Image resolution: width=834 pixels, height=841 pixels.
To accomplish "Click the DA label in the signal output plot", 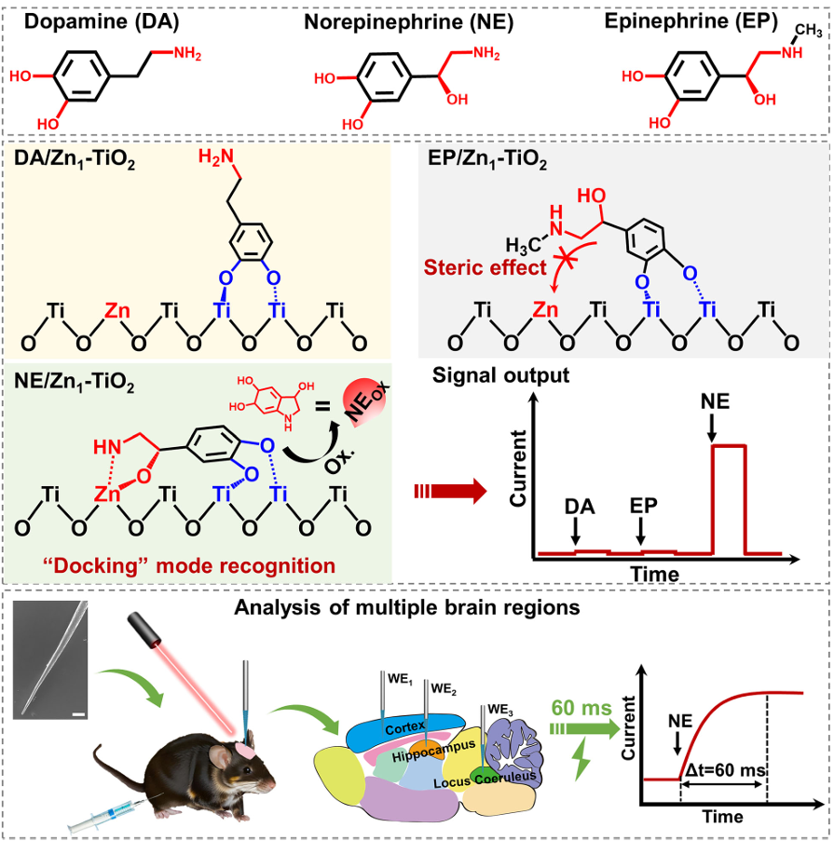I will point(576,507).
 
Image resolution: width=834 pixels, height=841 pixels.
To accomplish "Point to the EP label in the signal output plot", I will point(641,507).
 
